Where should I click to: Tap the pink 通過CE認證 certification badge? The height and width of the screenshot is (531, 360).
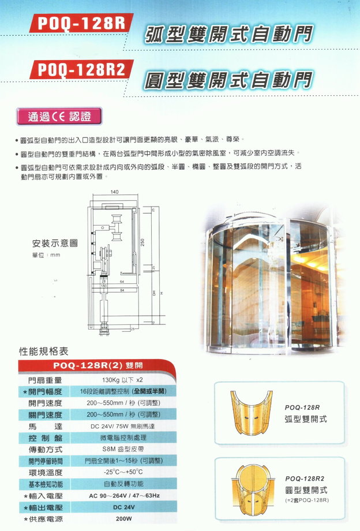tap(59, 116)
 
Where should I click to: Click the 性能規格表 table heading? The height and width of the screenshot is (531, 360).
tap(44, 350)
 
